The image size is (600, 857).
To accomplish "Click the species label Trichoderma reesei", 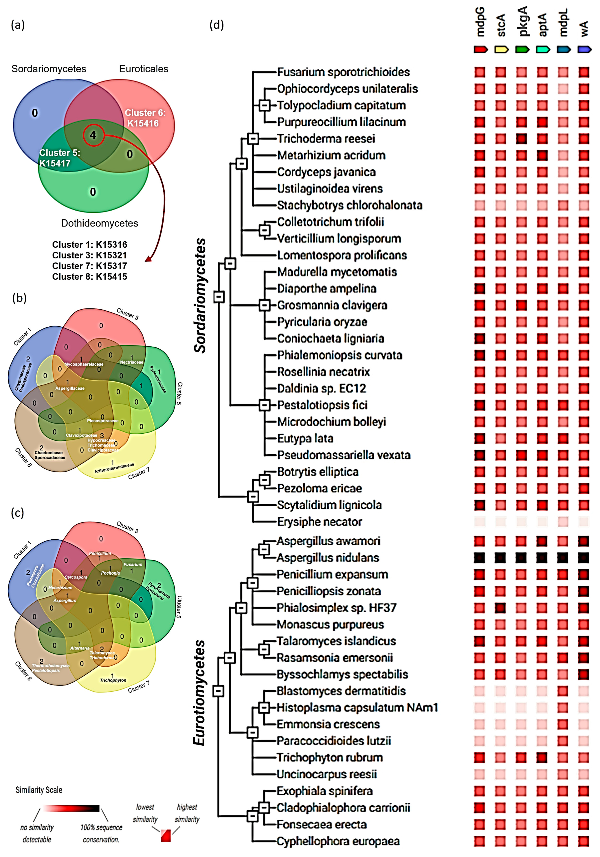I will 326,139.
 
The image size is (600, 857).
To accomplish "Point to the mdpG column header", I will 480,22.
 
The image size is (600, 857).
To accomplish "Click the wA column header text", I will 584,28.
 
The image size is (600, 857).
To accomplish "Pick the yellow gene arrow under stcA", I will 501,49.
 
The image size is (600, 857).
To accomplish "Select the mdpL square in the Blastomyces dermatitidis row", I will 563,691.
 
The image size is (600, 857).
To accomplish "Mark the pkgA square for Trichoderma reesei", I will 522,139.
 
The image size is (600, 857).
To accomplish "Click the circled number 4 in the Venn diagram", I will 93,135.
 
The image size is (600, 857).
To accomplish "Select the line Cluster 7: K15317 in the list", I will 90,266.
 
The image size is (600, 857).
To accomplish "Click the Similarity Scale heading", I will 39,790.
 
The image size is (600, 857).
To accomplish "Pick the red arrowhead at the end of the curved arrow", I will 148,259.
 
